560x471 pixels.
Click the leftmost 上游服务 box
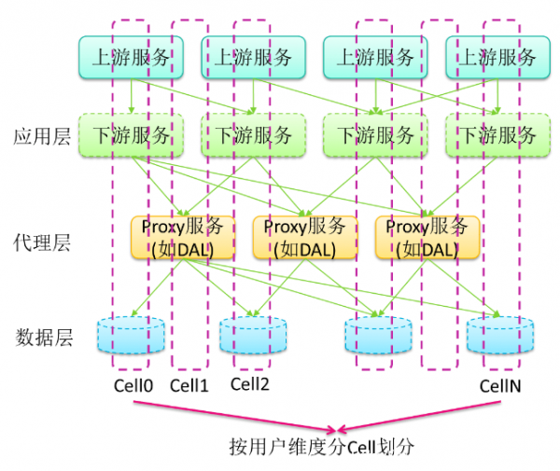130,57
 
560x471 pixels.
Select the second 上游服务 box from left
253,57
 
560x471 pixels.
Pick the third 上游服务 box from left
375,57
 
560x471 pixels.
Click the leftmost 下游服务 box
130,135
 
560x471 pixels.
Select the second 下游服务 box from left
253,135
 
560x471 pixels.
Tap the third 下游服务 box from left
375,135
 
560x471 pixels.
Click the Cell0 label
131,384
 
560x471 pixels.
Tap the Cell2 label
251,384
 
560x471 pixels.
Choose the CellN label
499,384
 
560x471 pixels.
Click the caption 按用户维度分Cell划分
321,446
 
